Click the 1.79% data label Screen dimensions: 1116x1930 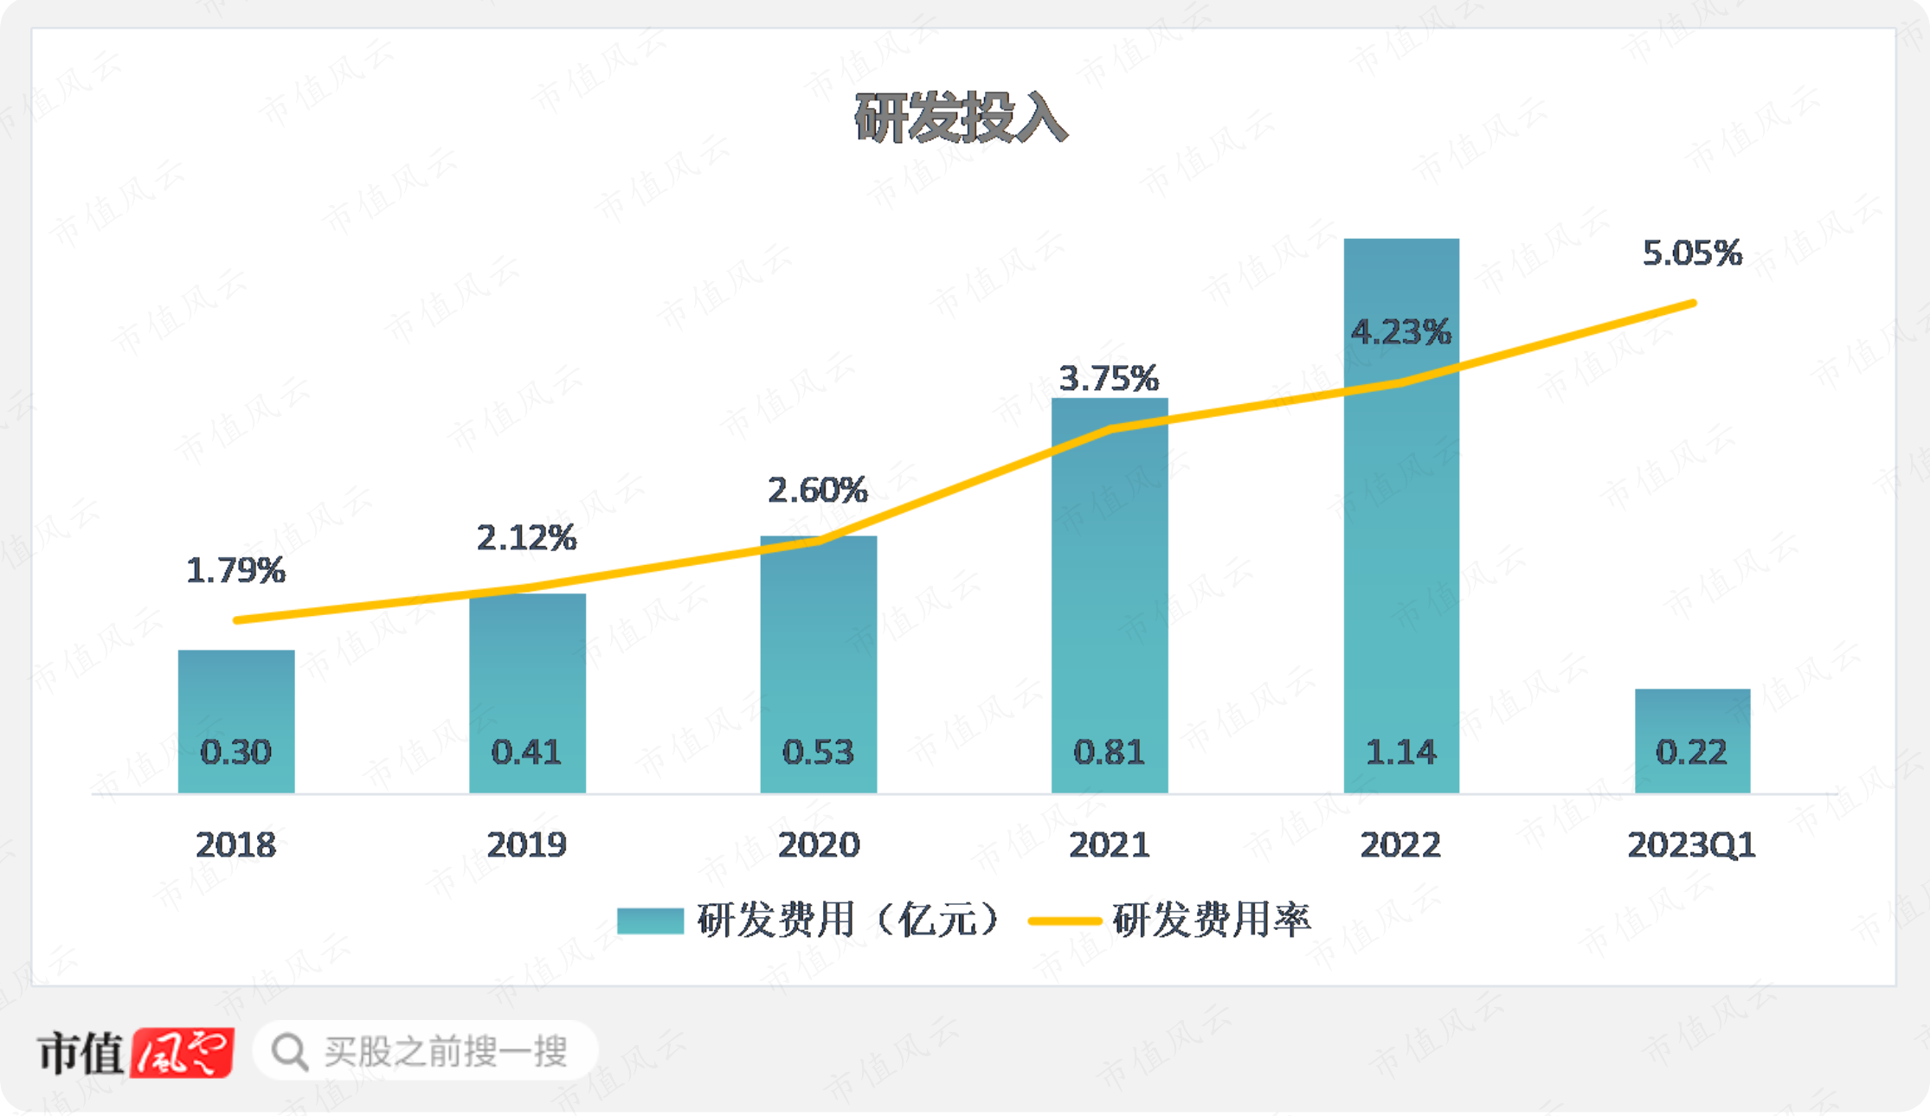[x=235, y=570]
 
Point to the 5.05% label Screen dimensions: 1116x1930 [x=1692, y=253]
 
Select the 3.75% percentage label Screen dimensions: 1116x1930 [x=1109, y=378]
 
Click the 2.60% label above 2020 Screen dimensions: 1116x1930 [x=817, y=491]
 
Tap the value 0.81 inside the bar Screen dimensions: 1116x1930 [x=1109, y=752]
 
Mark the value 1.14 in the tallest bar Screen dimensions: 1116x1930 [x=1400, y=752]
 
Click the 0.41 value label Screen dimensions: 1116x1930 [x=526, y=752]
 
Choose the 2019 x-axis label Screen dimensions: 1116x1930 [x=526, y=844]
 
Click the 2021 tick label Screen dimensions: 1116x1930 [x=1109, y=844]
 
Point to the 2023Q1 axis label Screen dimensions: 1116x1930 [x=1691, y=844]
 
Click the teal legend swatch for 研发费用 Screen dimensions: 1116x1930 [x=650, y=920]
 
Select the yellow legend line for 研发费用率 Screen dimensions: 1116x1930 [x=1064, y=920]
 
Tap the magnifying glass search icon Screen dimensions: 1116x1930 [x=289, y=1052]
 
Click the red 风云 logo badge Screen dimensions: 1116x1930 [x=182, y=1052]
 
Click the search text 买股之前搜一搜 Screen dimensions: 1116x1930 [x=446, y=1052]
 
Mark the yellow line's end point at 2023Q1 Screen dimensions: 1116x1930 [x=1693, y=304]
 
